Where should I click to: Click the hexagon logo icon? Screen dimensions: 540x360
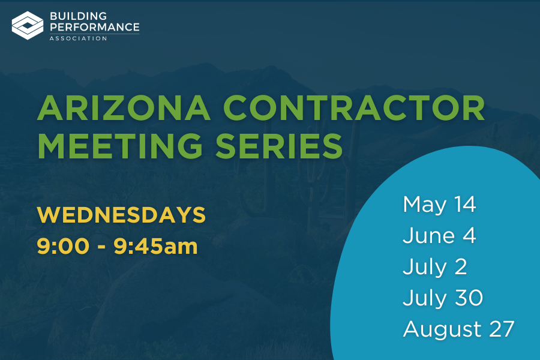tap(28, 25)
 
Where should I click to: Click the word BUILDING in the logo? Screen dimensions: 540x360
tap(79, 16)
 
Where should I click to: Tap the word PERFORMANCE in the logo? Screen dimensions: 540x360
tap(95, 27)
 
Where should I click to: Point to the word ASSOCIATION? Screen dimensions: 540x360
tap(78, 38)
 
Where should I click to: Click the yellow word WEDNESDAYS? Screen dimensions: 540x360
tap(121, 215)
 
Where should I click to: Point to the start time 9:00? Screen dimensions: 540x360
tap(63, 246)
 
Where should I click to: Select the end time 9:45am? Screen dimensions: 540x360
tap(155, 246)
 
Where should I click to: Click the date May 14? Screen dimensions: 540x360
tap(439, 205)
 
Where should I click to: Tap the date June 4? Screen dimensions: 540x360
tap(439, 236)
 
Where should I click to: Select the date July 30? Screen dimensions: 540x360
tap(443, 298)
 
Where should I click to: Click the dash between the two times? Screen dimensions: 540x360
tap(101, 247)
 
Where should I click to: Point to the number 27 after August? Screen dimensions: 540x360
tap(502, 329)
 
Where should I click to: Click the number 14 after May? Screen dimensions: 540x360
tap(465, 204)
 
